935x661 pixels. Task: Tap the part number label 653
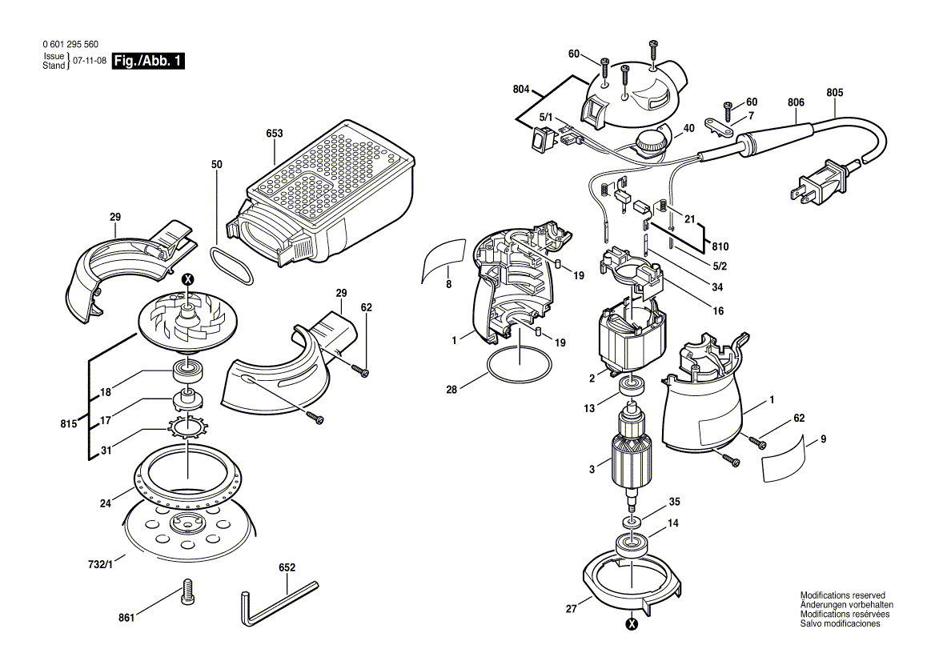(275, 133)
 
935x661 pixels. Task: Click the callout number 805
(835, 93)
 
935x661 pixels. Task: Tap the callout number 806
(796, 102)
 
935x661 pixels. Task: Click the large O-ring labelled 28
(519, 366)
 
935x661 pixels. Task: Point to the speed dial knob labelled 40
(650, 145)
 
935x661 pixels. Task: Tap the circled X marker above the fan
(188, 279)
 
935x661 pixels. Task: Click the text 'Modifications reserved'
(842, 596)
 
